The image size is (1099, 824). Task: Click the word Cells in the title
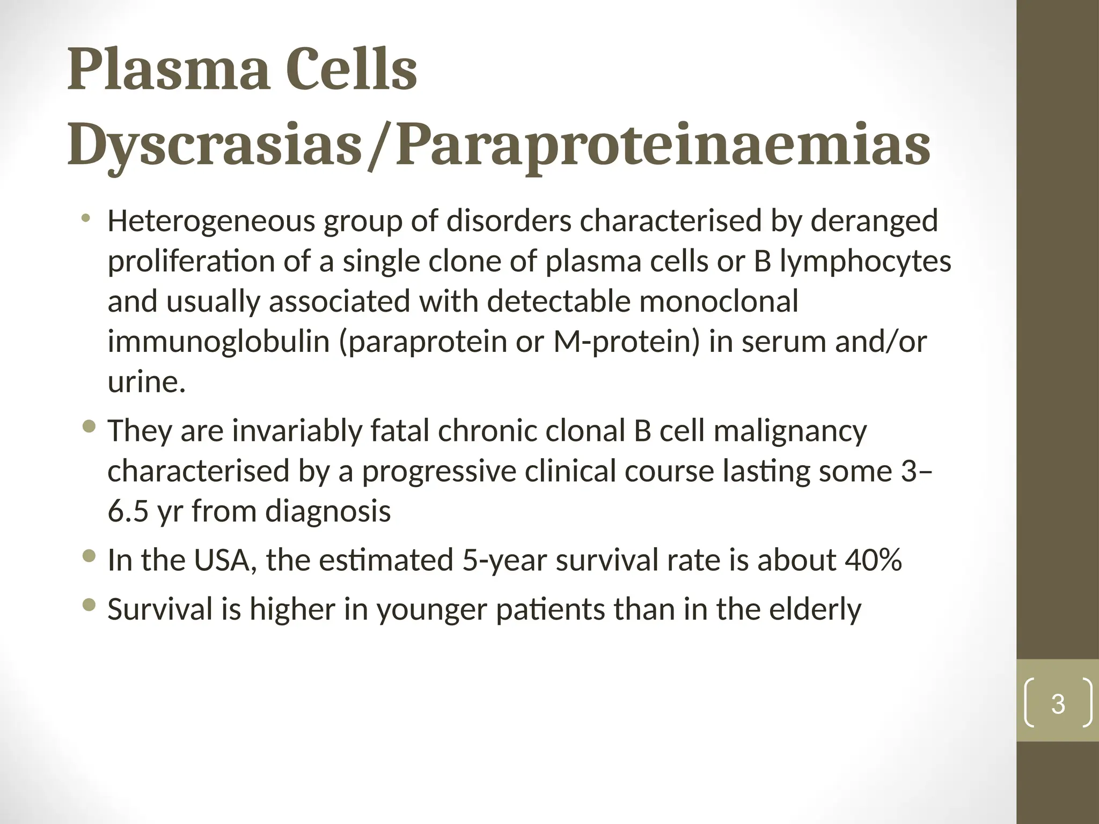(351, 70)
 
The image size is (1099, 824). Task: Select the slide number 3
(1058, 704)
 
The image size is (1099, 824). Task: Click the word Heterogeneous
(211, 221)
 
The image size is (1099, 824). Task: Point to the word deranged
(874, 221)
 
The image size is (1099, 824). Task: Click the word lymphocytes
(865, 261)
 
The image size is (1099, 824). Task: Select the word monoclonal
(719, 301)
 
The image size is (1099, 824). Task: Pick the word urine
(146, 382)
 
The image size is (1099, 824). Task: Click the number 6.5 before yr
(128, 511)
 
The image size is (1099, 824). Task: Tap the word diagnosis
(328, 511)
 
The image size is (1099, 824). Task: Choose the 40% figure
(873, 560)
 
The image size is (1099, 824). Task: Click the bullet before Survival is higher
(90, 606)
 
